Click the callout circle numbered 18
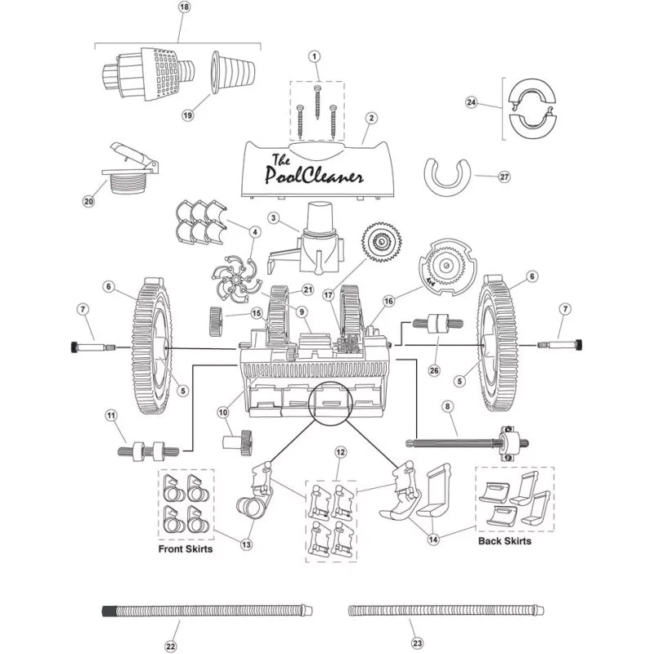[184, 7]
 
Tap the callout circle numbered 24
[472, 102]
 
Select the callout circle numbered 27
[504, 177]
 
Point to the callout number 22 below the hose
[171, 647]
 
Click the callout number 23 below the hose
[417, 643]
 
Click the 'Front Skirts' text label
[186, 549]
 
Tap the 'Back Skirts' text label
[504, 541]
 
